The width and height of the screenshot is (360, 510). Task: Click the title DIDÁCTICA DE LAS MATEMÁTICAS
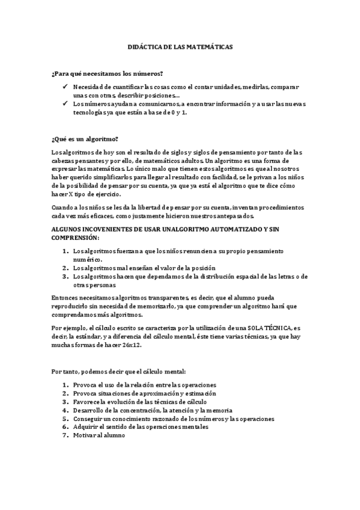180,46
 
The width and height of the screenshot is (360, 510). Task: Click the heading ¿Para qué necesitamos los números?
108,74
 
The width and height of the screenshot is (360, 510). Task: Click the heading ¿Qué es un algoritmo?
85,139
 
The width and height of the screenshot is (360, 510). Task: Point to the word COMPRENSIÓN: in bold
76,238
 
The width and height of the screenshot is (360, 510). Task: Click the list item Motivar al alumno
99,435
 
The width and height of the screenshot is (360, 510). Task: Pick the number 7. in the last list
66,435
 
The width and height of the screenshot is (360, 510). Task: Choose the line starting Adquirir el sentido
141,426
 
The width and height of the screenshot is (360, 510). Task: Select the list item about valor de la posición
144,268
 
